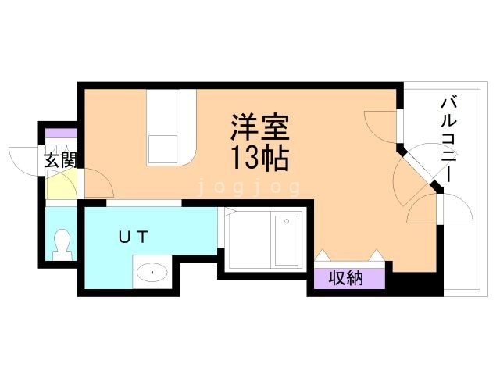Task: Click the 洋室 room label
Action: pyautogui.click(x=260, y=128)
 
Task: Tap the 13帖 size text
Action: pyautogui.click(x=260, y=158)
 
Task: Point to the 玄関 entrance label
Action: pyautogui.click(x=61, y=160)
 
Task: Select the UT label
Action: pyautogui.click(x=134, y=237)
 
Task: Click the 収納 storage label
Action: pyautogui.click(x=346, y=279)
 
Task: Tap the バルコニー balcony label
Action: pyautogui.click(x=450, y=141)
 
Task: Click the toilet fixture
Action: pyautogui.click(x=62, y=245)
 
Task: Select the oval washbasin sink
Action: pyautogui.click(x=152, y=273)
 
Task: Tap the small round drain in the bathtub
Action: pyautogui.click(x=287, y=221)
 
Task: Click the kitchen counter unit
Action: pyautogui.click(x=171, y=127)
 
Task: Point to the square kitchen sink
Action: pyautogui.click(x=163, y=149)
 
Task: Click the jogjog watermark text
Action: pyautogui.click(x=249, y=187)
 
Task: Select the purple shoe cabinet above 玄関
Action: pyautogui.click(x=61, y=134)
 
